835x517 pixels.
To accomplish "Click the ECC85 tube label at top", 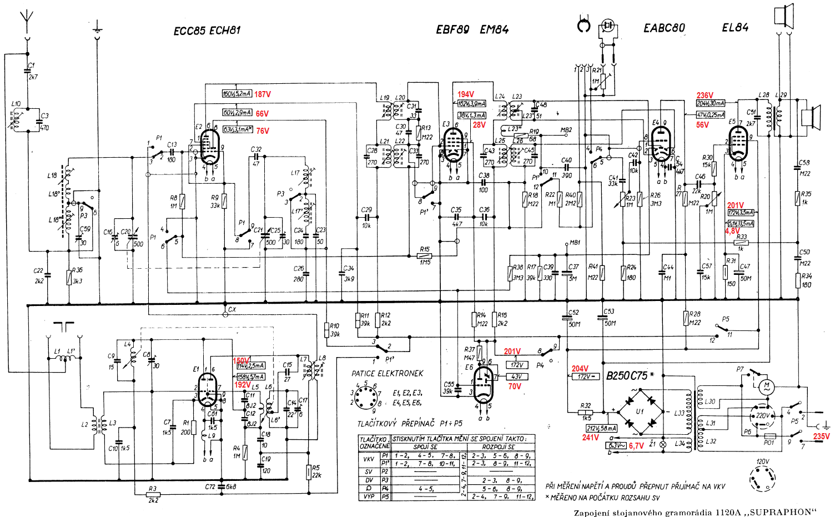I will [190, 31].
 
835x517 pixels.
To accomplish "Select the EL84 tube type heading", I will [735, 28].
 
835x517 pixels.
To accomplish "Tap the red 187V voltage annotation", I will [263, 94].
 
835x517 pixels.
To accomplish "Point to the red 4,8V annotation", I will [732, 231].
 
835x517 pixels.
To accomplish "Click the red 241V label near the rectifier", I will [591, 438].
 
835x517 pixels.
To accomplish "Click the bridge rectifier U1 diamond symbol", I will [641, 411].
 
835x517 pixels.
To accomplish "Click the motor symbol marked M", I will [767, 385].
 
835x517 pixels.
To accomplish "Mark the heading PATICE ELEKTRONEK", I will [387, 374].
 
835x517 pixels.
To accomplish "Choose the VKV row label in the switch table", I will [369, 459].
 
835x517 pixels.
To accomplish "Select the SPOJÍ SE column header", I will [426, 447].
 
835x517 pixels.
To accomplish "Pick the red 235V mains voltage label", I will [821, 436].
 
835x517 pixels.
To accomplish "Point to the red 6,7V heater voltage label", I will [636, 446].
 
